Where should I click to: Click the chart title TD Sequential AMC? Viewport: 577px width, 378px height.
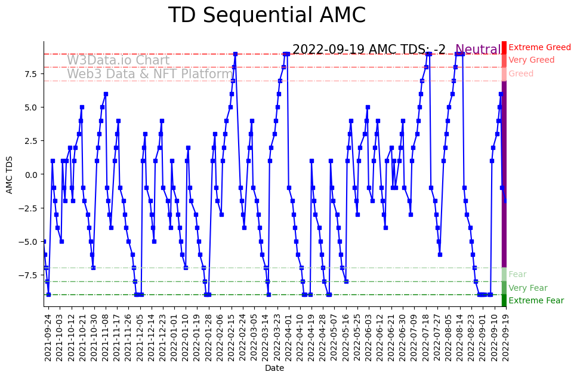(267, 16)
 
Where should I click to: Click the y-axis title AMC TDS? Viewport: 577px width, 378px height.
(10, 174)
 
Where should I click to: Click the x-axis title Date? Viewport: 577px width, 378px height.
(274, 368)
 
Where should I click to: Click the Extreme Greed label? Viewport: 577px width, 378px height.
(539, 48)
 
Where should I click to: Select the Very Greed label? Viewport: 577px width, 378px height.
(531, 60)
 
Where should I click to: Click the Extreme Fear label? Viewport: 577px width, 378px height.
(536, 301)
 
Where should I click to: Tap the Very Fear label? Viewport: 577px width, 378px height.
(527, 288)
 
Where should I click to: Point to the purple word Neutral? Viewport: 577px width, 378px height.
(478, 50)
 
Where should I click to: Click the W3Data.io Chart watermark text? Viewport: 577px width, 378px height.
(118, 61)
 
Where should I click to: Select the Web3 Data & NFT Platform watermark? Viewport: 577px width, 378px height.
(150, 75)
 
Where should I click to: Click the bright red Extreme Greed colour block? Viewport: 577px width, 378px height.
(504, 48)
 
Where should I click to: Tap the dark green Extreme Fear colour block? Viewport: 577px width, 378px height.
(504, 301)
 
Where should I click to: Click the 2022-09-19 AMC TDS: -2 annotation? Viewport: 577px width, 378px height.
(369, 50)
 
